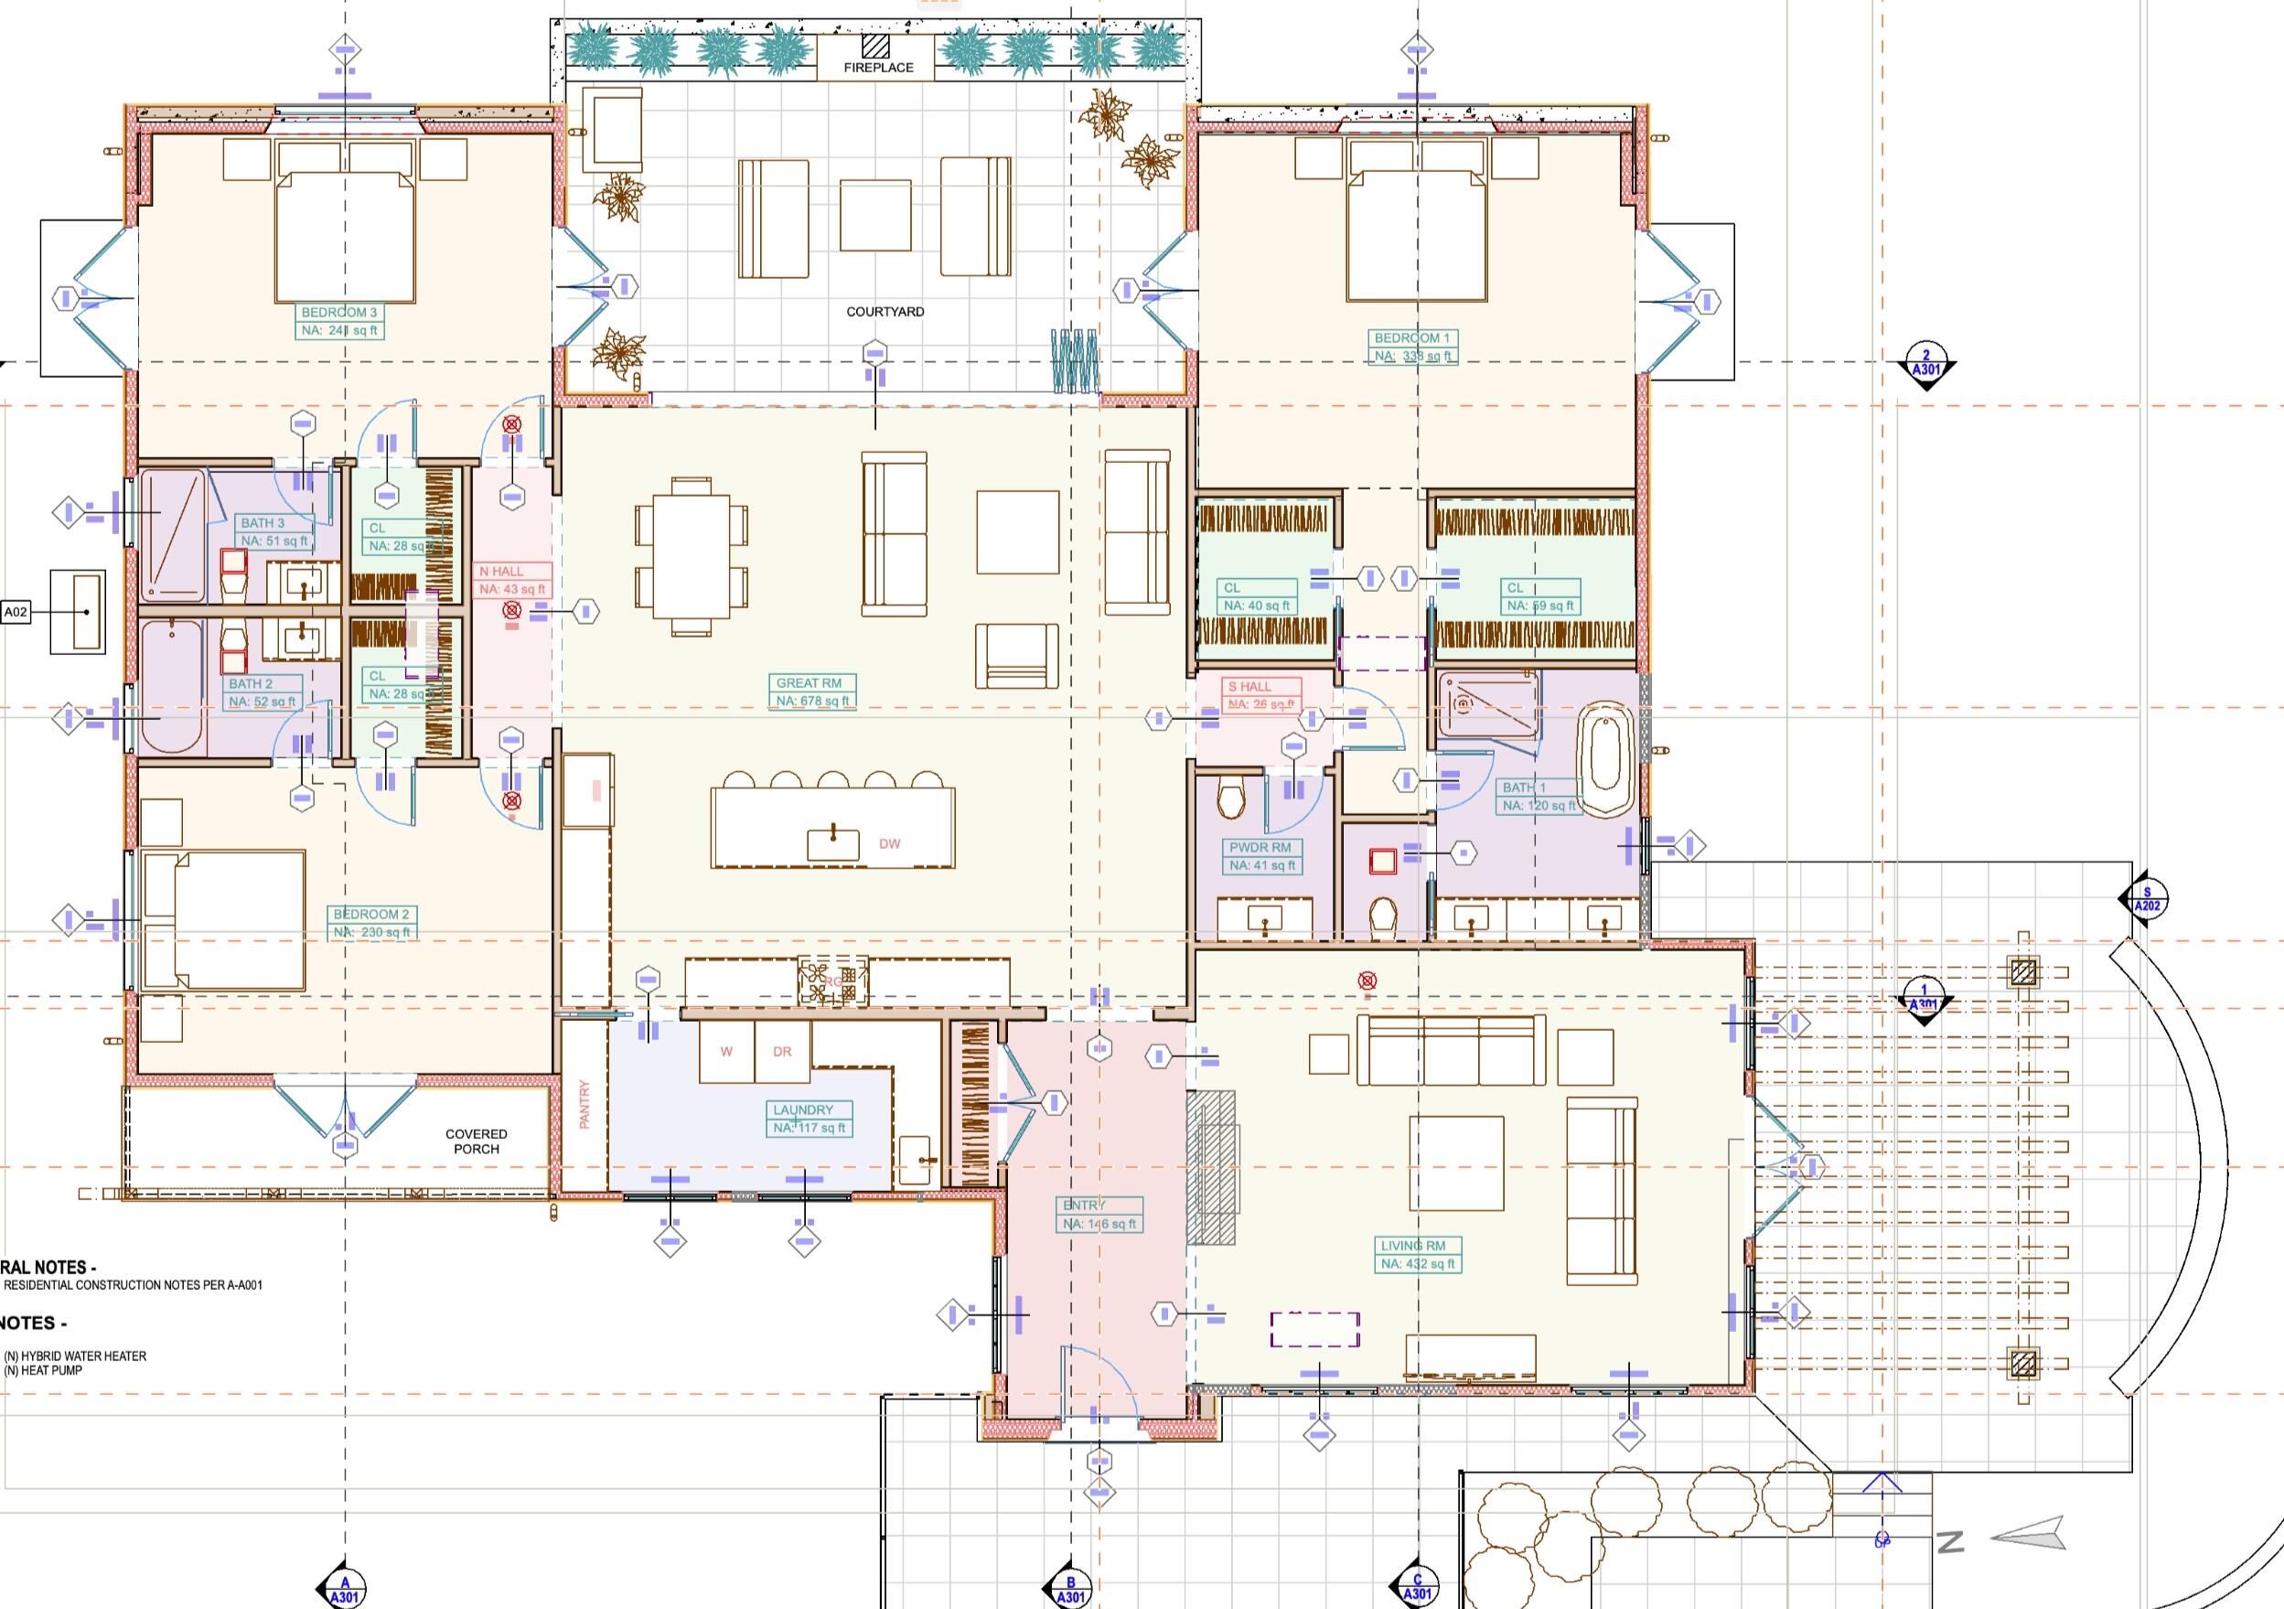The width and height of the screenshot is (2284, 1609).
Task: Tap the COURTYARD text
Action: click(885, 311)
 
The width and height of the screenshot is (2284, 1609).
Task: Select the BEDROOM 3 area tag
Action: click(339, 321)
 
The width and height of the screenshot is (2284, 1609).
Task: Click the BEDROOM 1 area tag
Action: click(1412, 348)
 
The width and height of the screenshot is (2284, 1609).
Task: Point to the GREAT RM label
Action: click(811, 692)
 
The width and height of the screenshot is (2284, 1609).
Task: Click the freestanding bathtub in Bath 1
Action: click(1606, 761)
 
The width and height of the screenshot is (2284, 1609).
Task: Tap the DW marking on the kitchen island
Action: click(888, 843)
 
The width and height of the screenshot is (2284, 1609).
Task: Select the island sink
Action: click(832, 843)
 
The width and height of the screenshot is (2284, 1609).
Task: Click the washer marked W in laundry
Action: click(726, 1052)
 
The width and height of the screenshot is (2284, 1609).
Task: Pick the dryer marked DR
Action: click(782, 1052)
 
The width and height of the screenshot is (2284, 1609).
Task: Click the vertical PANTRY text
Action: click(584, 1104)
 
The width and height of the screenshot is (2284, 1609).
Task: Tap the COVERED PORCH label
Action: click(477, 1142)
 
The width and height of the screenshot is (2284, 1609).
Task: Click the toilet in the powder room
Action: click(1230, 799)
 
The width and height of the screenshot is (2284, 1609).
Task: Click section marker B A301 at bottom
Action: click(1070, 1589)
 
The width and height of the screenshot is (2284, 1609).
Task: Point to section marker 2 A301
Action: click(1925, 364)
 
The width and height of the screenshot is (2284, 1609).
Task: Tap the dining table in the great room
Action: click(692, 557)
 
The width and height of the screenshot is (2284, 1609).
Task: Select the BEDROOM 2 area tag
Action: click(371, 922)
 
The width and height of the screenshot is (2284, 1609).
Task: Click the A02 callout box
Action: click(16, 612)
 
